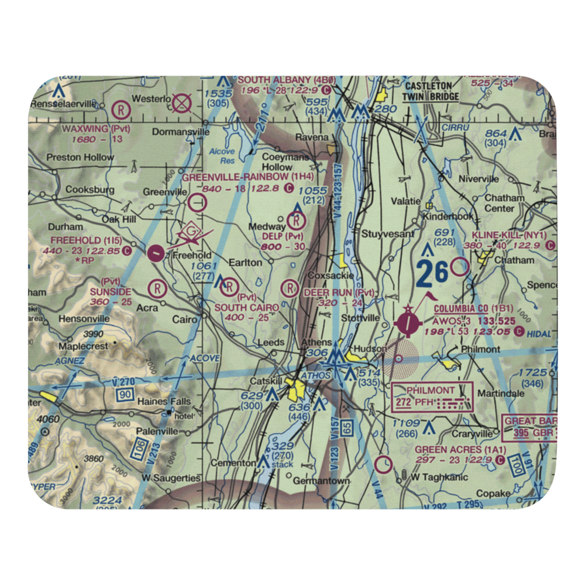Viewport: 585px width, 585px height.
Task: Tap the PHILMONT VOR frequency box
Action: coord(432,397)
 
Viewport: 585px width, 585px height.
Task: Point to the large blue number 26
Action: coord(432,272)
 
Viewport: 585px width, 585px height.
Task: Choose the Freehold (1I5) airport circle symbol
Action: coord(156,253)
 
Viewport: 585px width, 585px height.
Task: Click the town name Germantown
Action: coord(321,481)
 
